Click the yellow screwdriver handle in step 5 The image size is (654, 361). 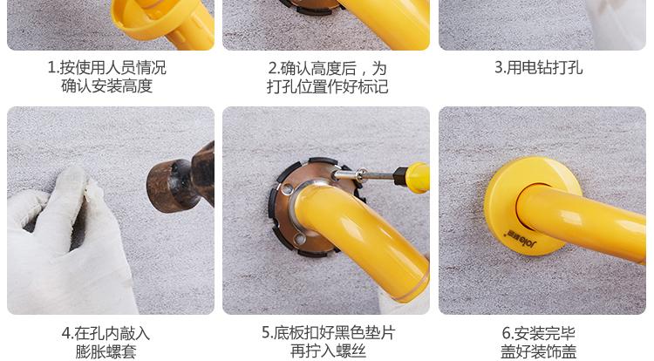[x=412, y=177]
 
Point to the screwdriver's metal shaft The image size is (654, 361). [x=364, y=175]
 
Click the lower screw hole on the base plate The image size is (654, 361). [x=299, y=238]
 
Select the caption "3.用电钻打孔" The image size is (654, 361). [x=539, y=67]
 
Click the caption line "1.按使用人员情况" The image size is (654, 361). [x=106, y=67]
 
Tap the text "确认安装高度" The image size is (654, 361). [x=106, y=85]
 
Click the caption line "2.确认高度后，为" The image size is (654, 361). [x=327, y=68]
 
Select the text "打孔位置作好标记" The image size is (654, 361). [x=327, y=86]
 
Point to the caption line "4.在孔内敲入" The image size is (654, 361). [x=106, y=333]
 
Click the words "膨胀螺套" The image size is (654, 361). [x=106, y=351]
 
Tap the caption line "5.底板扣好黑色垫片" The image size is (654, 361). [x=329, y=332]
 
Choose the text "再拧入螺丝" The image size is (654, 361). [x=328, y=351]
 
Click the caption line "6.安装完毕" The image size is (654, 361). [x=539, y=333]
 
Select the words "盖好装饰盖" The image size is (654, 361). [x=539, y=351]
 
